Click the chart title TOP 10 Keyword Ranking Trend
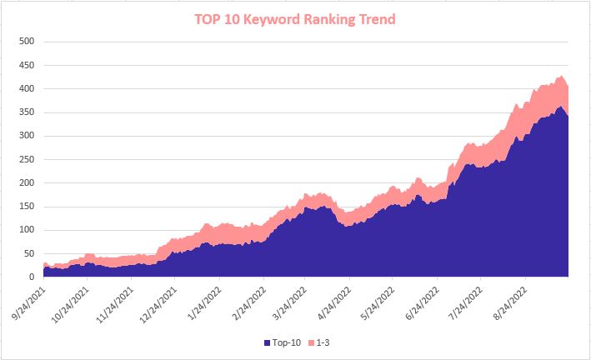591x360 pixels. (x=295, y=19)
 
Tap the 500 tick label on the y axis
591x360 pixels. (x=26, y=42)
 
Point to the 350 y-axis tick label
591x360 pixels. (x=26, y=112)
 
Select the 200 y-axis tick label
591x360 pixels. (x=26, y=183)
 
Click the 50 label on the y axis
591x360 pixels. (x=28, y=254)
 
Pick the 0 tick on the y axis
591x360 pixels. (x=31, y=277)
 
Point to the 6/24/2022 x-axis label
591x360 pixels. (x=418, y=301)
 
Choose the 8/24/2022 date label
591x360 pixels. (x=506, y=301)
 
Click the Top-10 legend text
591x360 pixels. (x=287, y=343)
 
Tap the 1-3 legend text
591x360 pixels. (x=325, y=343)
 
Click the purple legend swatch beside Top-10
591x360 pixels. (x=268, y=343)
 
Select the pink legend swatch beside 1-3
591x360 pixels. (x=313, y=343)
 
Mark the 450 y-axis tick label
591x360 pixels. (x=26, y=65)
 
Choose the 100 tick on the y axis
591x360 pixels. (x=26, y=231)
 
